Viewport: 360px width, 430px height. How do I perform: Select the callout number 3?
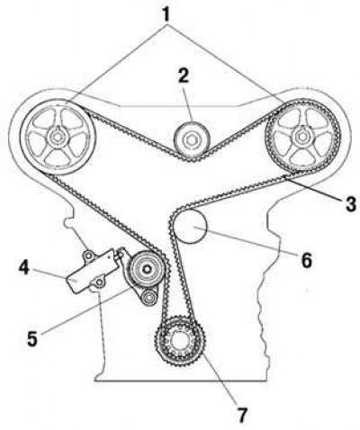point(350,204)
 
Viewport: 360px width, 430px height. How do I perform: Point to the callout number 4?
point(24,267)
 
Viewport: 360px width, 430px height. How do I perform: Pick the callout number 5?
point(32,339)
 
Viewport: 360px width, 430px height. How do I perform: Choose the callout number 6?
point(306,260)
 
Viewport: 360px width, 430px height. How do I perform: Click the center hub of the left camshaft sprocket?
point(57,138)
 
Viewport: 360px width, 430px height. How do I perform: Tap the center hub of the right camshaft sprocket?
point(301,137)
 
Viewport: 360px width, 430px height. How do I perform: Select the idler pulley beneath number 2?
point(192,139)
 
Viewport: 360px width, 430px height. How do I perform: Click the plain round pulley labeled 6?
point(190,226)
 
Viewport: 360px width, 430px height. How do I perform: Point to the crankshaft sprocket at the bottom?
point(180,340)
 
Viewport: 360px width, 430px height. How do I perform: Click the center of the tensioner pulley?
point(147,269)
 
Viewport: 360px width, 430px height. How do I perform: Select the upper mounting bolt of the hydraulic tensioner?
point(88,255)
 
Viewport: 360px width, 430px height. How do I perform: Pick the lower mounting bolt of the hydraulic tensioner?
point(99,282)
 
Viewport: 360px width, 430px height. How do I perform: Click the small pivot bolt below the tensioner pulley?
point(148,298)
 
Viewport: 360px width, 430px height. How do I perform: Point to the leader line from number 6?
point(246,241)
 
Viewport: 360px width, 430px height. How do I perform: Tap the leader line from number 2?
point(187,103)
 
